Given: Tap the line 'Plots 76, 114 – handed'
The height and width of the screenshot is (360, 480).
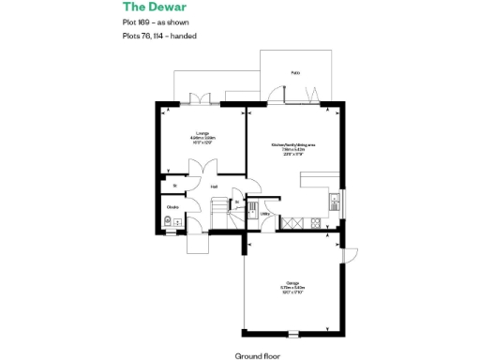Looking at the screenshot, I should (159, 36).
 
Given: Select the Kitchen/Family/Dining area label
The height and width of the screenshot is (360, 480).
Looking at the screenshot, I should (292, 148).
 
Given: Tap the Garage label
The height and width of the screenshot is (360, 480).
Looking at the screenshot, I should (292, 286).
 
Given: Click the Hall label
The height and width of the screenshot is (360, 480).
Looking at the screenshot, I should (215, 187).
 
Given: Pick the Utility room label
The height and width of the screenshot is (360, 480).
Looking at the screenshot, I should (265, 214).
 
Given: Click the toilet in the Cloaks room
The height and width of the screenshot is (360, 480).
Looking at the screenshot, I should (167, 222).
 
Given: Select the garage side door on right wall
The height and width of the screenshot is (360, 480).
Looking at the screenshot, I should (348, 255).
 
